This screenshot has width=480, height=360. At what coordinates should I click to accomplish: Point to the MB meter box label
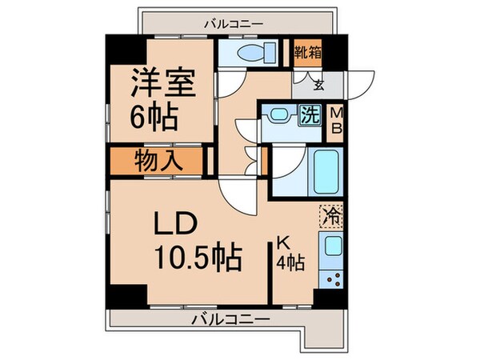pyautogui.click(x=338, y=121)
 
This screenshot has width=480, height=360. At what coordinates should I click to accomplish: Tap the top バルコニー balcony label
pyautogui.click(x=233, y=24)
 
